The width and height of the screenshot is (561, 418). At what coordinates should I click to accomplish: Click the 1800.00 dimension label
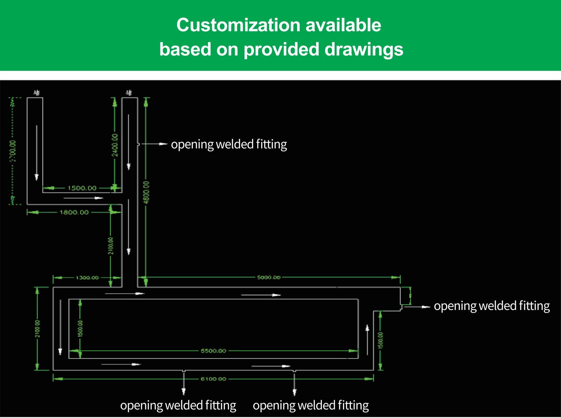pyautogui.click(x=74, y=213)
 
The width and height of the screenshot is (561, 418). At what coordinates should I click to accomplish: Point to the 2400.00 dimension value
pyautogui.click(x=115, y=145)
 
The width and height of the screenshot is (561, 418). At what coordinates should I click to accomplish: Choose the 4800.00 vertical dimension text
pyautogui.click(x=146, y=192)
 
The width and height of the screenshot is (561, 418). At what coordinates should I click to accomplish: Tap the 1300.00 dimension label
pyautogui.click(x=87, y=278)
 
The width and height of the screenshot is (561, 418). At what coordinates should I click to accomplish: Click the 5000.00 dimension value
pyautogui.click(x=269, y=277)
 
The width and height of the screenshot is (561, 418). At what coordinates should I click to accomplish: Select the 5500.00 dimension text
pyautogui.click(x=214, y=351)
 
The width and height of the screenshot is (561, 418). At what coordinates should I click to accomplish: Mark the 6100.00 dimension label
pyautogui.click(x=214, y=379)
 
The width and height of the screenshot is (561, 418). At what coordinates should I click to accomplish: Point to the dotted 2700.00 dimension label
pyautogui.click(x=13, y=151)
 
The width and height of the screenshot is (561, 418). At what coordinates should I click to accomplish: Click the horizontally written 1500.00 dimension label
pyautogui.click(x=82, y=188)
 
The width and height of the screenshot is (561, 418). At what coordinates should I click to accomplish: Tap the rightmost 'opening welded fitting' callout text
pyautogui.click(x=492, y=306)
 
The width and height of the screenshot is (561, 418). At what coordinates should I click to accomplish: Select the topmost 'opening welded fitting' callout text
pyautogui.click(x=229, y=144)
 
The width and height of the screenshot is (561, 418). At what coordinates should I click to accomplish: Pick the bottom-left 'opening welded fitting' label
pyautogui.click(x=178, y=406)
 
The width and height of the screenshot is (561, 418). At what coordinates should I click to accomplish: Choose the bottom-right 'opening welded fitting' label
pyautogui.click(x=311, y=406)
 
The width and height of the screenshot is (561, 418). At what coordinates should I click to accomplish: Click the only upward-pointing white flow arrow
pyautogui.click(x=367, y=340)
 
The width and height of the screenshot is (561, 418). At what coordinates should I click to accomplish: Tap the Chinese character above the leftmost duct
pyautogui.click(x=37, y=93)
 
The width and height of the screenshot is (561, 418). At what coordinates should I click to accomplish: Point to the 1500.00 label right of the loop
pyautogui.click(x=381, y=340)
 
